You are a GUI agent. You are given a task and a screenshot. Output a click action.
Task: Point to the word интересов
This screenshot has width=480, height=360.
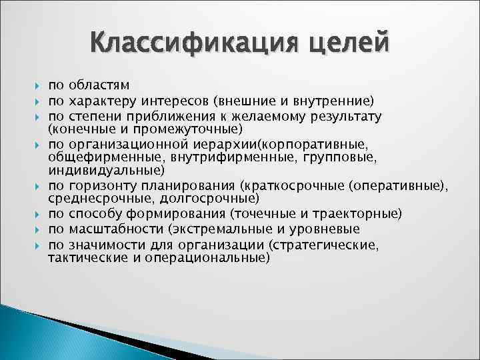pyautogui.click(x=178, y=101)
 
